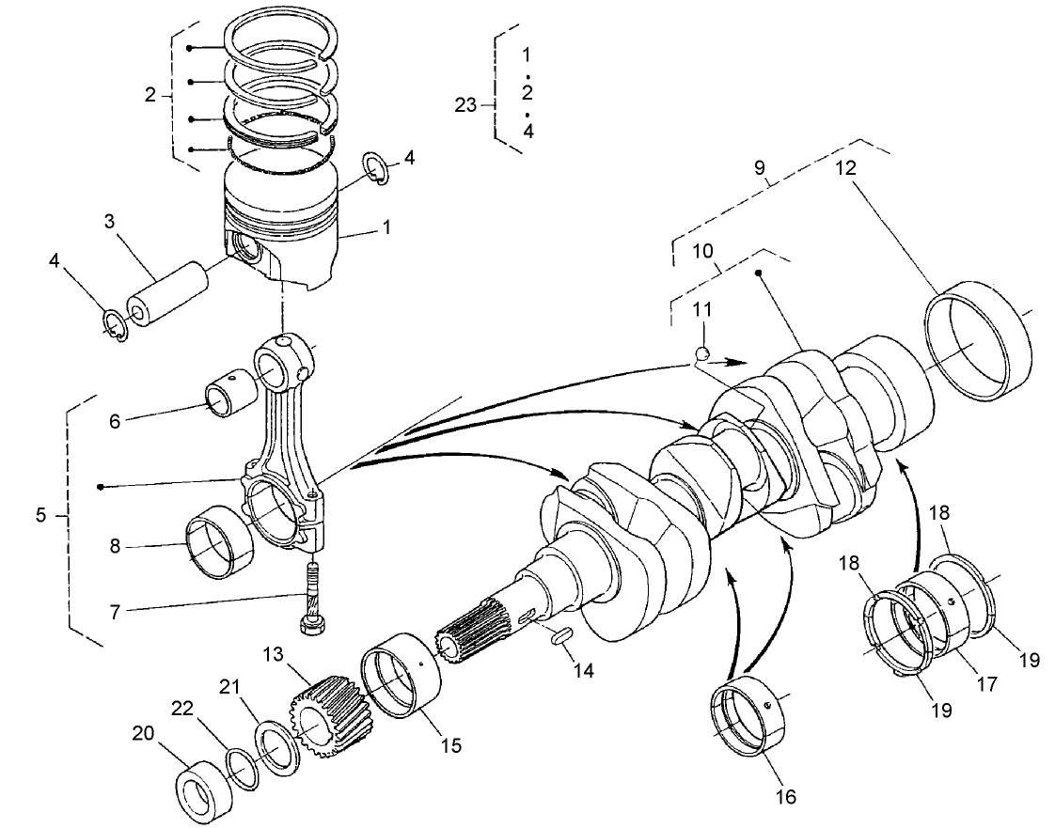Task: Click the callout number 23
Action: point(466,105)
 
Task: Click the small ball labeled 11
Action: point(701,353)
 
